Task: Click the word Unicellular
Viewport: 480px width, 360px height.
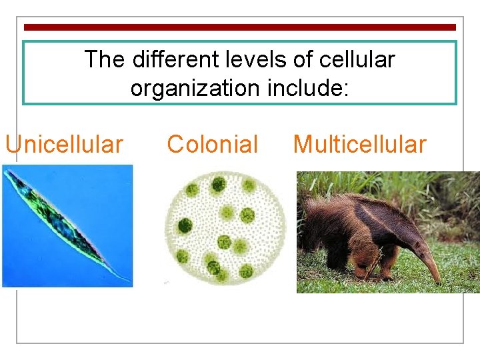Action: click(64, 144)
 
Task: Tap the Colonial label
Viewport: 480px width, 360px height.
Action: click(212, 144)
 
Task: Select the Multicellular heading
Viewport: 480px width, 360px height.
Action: click(359, 144)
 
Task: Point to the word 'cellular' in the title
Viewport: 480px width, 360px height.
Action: click(357, 60)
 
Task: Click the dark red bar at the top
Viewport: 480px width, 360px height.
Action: click(240, 27)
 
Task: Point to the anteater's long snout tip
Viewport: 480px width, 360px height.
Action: click(439, 281)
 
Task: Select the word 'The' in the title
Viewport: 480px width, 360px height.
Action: click(105, 60)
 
